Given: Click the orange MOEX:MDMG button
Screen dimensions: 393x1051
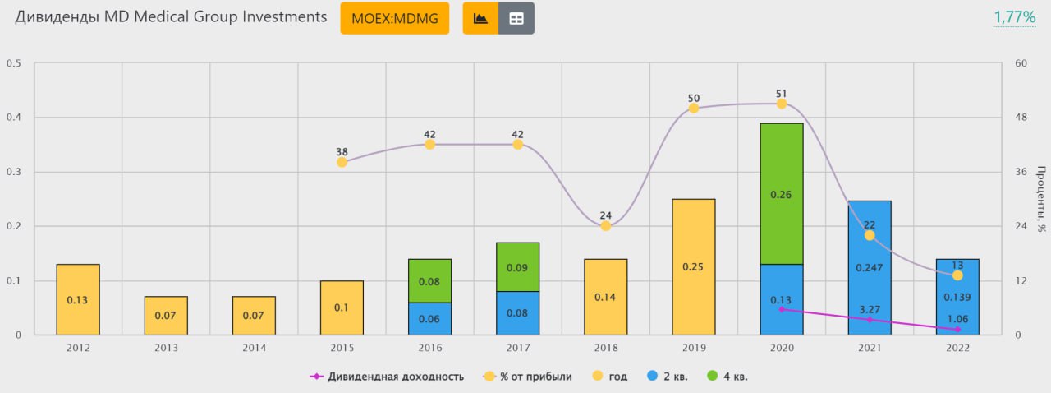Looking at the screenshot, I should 394,18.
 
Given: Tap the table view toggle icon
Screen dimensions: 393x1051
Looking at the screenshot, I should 516,18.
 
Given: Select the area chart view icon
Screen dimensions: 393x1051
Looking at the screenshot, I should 480,18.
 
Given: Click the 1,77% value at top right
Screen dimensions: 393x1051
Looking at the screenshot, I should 1014,17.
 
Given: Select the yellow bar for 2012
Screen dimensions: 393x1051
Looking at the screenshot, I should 78,299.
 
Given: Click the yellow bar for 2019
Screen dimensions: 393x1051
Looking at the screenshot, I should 694,266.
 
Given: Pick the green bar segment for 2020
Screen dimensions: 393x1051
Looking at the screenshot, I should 782,194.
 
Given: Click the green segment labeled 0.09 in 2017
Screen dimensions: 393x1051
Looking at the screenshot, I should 518,267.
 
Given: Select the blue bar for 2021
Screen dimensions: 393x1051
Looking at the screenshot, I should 870,267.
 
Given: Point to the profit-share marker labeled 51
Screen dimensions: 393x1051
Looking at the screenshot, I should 782,104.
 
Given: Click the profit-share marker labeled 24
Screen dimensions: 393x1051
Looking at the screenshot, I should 606,225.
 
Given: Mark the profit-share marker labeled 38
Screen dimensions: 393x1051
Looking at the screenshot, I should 342,162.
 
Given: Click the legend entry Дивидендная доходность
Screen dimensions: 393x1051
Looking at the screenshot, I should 387,377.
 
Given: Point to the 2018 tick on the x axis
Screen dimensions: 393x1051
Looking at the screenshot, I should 606,348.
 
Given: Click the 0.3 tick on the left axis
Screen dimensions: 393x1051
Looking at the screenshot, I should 14,172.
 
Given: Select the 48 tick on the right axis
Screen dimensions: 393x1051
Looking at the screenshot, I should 1021,118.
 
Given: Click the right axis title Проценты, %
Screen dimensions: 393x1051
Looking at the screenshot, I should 1041,199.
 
